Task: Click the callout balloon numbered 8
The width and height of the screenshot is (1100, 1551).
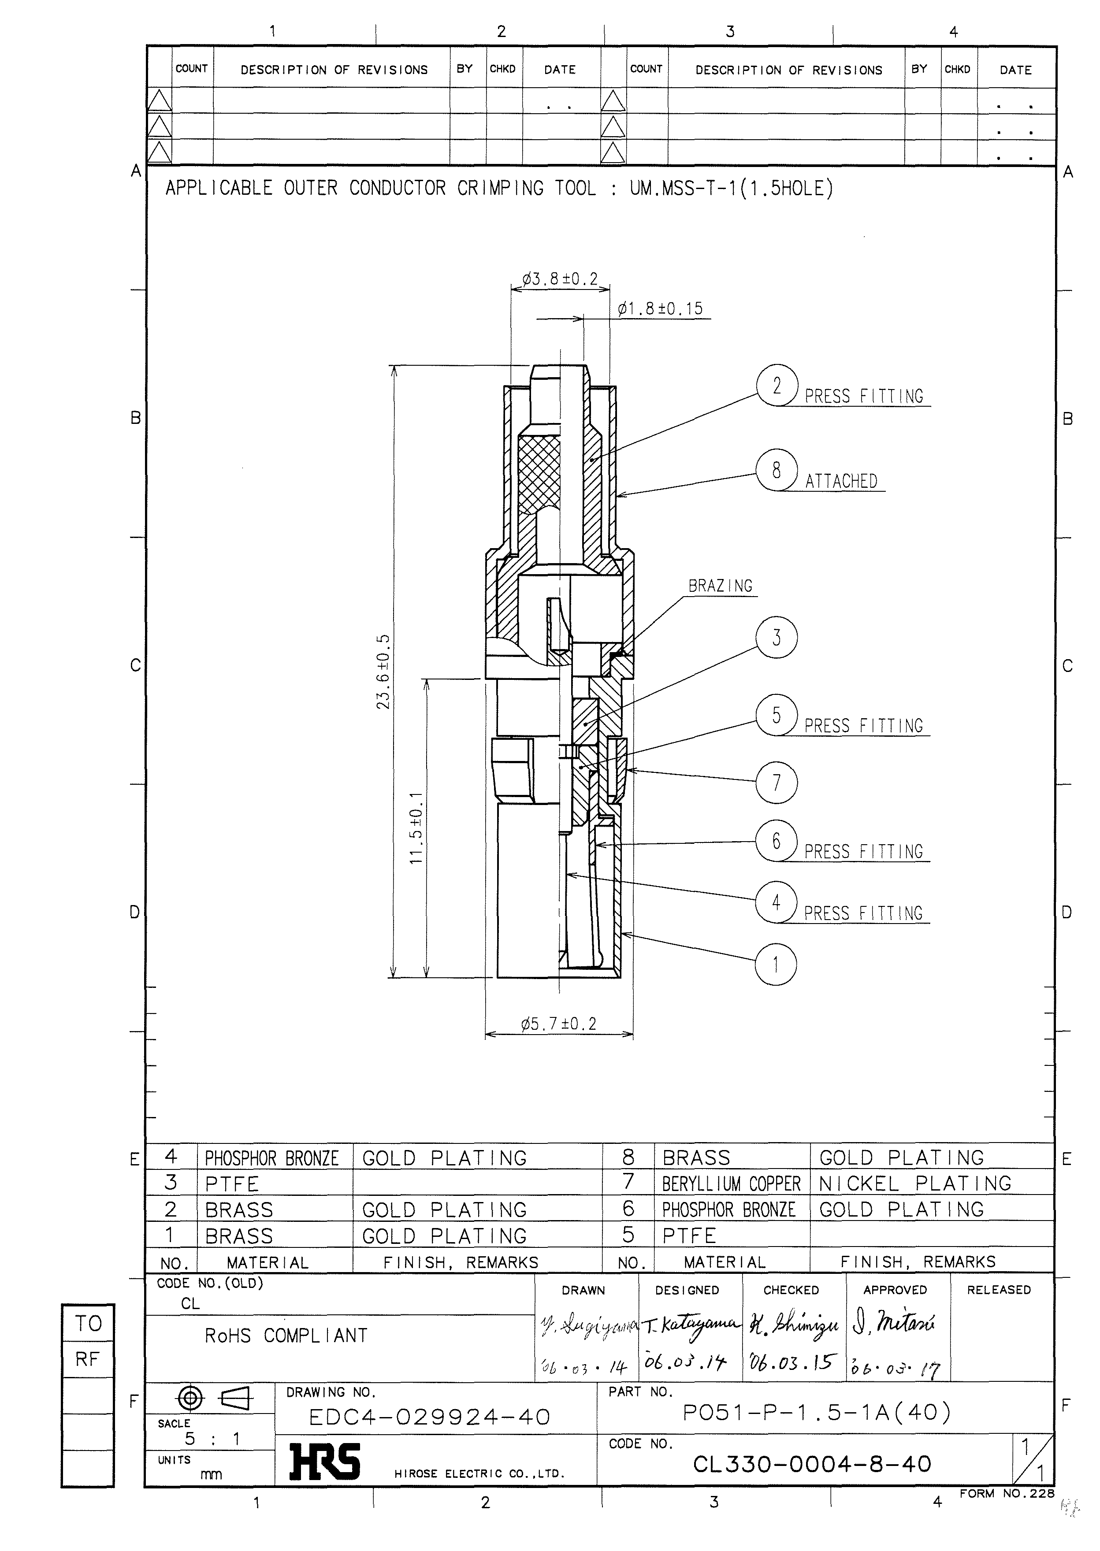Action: (x=776, y=470)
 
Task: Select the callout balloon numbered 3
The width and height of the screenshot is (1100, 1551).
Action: (x=776, y=637)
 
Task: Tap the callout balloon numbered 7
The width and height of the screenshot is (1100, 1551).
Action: (x=776, y=782)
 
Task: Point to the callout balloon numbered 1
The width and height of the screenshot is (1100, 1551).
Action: (x=776, y=964)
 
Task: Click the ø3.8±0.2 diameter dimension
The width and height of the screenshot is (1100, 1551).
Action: (x=560, y=279)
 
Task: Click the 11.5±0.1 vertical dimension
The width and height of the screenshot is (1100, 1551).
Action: (x=416, y=827)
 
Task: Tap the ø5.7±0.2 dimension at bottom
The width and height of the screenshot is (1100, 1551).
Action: (x=559, y=1024)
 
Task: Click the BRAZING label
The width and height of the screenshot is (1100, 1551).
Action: (x=720, y=586)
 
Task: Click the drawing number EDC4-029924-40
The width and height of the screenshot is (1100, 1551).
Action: (x=429, y=1417)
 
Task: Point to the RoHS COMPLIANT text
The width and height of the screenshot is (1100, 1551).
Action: (x=286, y=1336)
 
